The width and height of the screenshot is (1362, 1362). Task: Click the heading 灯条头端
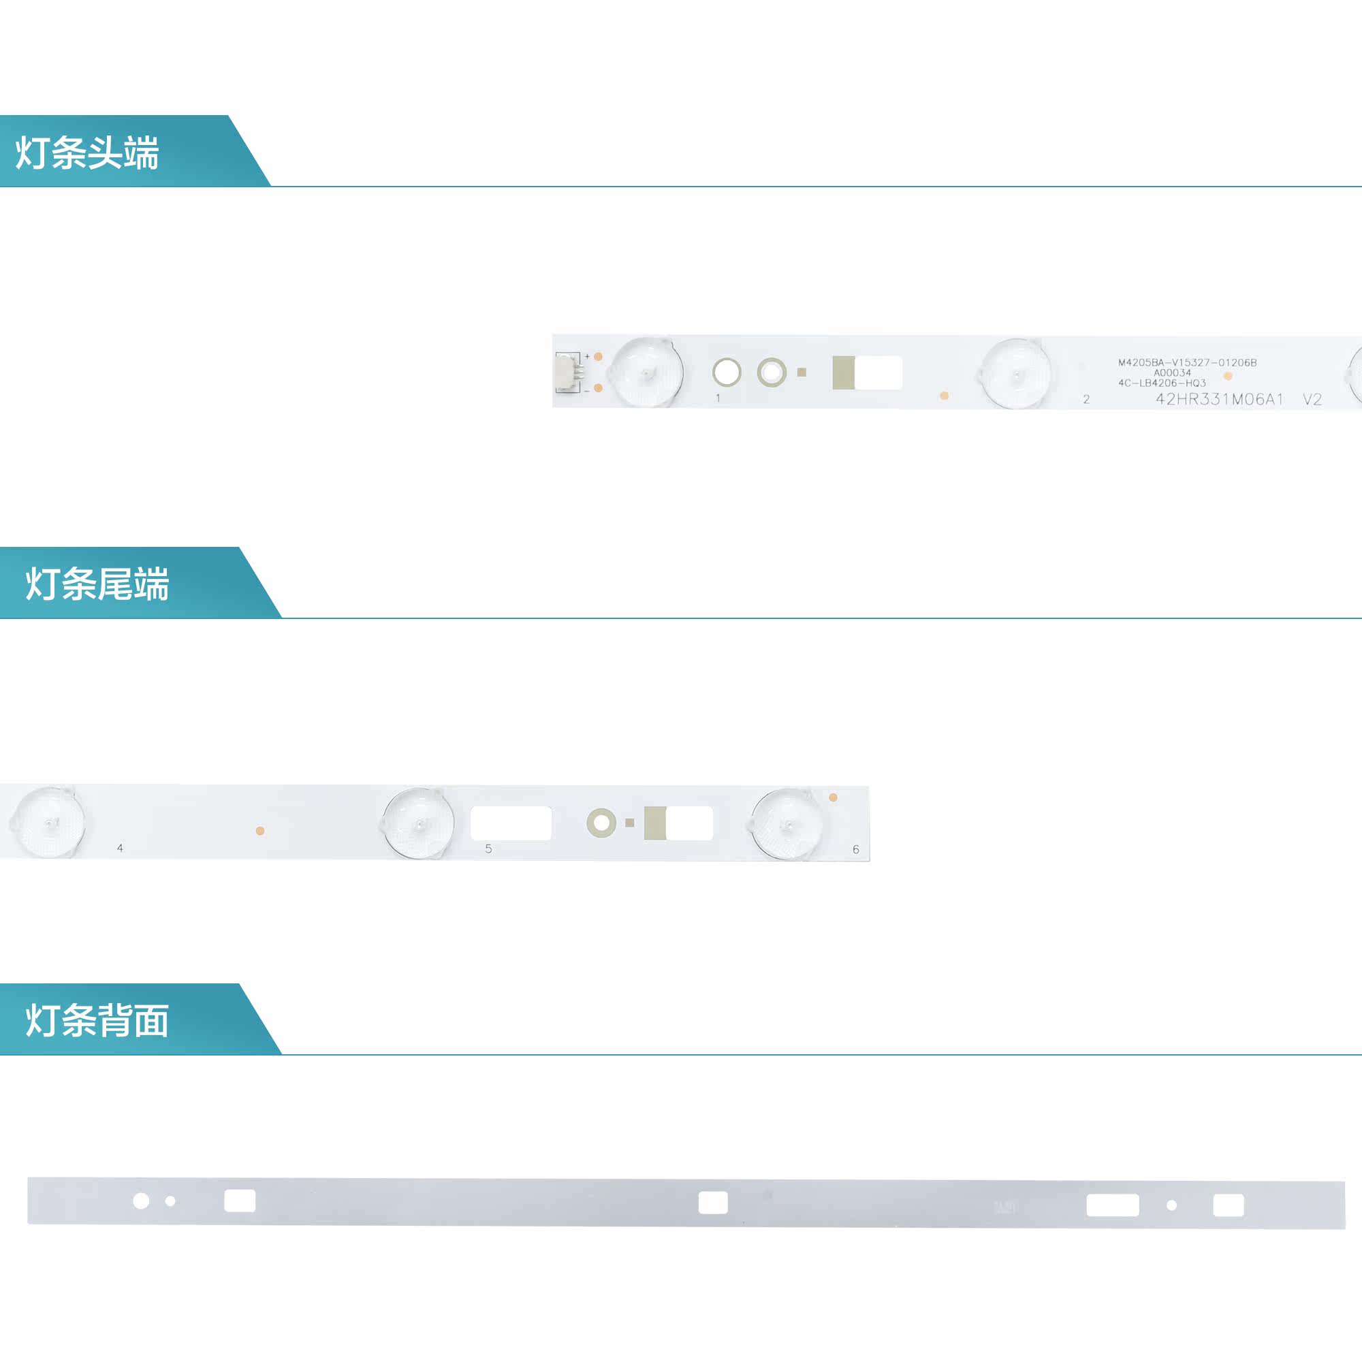click(87, 153)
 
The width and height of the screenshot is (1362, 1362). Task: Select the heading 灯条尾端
click(97, 584)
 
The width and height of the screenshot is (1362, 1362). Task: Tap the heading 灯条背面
click(97, 1021)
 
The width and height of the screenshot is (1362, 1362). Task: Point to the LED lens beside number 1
click(646, 372)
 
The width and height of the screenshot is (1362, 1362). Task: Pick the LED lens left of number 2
click(1015, 374)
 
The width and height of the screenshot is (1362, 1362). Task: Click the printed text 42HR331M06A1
click(1219, 400)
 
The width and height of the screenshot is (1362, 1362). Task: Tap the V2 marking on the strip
click(1312, 400)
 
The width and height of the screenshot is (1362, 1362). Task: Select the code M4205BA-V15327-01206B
click(1187, 362)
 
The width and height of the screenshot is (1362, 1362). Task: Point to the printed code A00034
click(1173, 373)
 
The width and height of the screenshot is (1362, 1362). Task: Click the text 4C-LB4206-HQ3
click(1162, 383)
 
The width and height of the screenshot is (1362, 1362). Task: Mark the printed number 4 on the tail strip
click(120, 848)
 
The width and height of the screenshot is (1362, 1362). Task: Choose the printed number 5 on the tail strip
click(488, 849)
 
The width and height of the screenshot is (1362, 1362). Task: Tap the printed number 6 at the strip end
click(856, 849)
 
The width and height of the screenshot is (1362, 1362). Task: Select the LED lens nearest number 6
click(787, 824)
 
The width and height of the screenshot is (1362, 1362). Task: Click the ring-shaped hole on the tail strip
click(601, 823)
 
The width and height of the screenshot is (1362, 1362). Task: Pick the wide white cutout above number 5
click(510, 823)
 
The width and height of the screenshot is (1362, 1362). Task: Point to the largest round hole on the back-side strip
click(141, 1201)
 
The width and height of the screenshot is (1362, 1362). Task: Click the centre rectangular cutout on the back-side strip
click(713, 1203)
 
